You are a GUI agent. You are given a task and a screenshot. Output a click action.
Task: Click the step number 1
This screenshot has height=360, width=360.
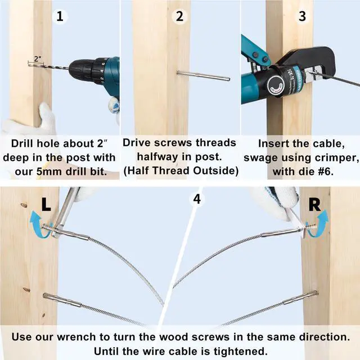(x=60, y=16)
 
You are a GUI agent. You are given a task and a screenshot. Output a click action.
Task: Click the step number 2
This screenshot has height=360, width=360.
(x=179, y=16)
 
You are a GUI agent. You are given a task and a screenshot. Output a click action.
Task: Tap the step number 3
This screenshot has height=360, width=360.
(x=302, y=16)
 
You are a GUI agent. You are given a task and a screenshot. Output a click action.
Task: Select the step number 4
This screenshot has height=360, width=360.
(x=197, y=199)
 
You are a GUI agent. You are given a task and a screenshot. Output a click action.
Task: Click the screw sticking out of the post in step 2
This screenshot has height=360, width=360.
(x=203, y=76)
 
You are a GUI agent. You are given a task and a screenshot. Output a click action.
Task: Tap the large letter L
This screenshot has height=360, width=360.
(x=46, y=204)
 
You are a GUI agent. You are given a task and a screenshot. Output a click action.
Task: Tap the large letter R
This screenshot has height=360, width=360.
(x=314, y=205)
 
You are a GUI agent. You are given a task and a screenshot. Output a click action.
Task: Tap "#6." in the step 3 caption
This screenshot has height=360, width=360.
(x=326, y=171)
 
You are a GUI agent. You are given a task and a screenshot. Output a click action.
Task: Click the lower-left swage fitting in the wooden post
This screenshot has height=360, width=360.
(x=62, y=300)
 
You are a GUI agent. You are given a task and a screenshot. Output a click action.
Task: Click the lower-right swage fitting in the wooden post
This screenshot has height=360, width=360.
(x=300, y=297)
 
